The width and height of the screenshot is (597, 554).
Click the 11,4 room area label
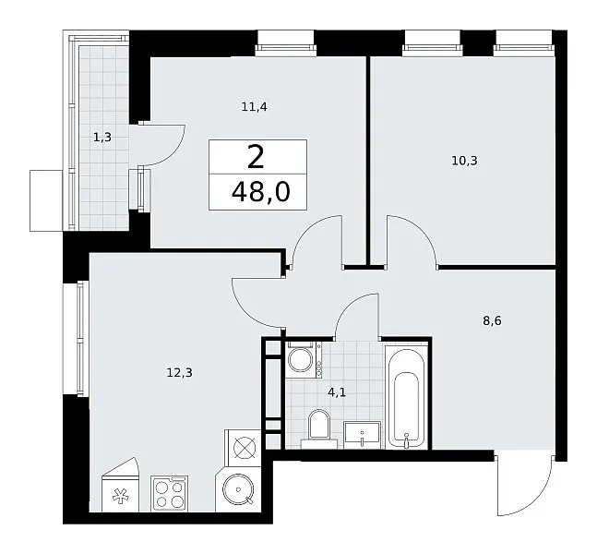click(x=255, y=107)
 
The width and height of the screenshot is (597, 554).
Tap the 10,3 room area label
click(x=464, y=161)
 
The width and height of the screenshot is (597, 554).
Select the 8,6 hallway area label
click(x=493, y=320)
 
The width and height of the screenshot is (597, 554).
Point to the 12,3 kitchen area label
click(x=179, y=372)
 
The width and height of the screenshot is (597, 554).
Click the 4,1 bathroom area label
click(x=337, y=392)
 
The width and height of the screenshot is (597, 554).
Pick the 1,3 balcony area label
click(x=102, y=137)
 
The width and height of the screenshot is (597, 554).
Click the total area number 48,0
click(x=261, y=192)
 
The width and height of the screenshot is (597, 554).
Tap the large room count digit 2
click(x=256, y=158)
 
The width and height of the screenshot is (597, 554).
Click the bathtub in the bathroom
click(x=406, y=397)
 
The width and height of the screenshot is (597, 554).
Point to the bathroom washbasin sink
click(x=362, y=435)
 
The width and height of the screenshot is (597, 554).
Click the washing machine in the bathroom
click(x=304, y=360)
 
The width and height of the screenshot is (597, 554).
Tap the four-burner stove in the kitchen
click(x=170, y=493)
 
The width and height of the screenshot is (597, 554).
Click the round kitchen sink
click(x=238, y=489)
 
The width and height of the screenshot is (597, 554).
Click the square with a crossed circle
click(x=244, y=448)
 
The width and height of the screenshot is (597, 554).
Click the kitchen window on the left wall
click(x=80, y=339)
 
